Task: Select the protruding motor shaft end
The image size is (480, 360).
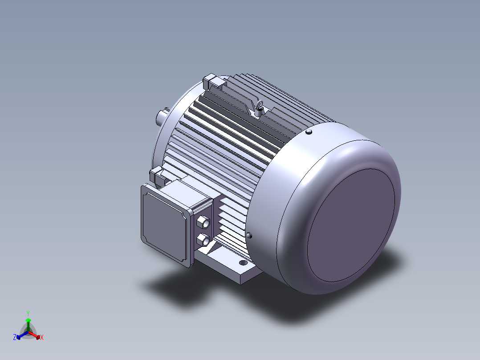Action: point(161,117)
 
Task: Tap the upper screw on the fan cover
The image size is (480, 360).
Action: point(309,132)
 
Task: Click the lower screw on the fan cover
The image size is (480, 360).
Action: point(249,235)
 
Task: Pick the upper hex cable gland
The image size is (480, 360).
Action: point(203,221)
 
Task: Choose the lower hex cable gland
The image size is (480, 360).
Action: point(203,240)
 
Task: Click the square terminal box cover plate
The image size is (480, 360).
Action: point(165,223)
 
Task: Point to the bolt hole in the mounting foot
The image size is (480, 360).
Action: point(243,262)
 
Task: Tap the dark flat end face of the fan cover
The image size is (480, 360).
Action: point(351,225)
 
